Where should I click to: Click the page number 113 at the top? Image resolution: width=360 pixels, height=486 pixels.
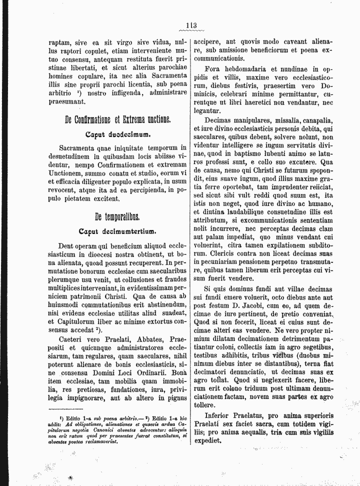[190, 26]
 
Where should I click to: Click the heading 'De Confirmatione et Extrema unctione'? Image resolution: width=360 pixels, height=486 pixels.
[117, 120]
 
